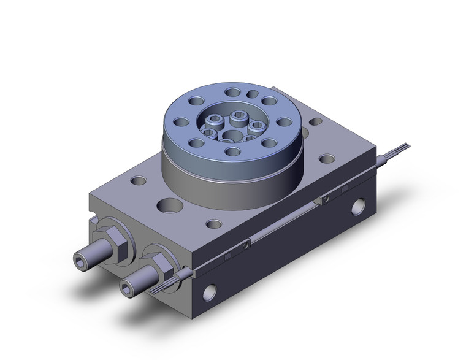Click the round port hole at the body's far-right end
pyautogui.click(x=360, y=208)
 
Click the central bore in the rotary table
pyautogui.click(x=232, y=134)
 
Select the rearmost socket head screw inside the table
pyautogui.click(x=239, y=115)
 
